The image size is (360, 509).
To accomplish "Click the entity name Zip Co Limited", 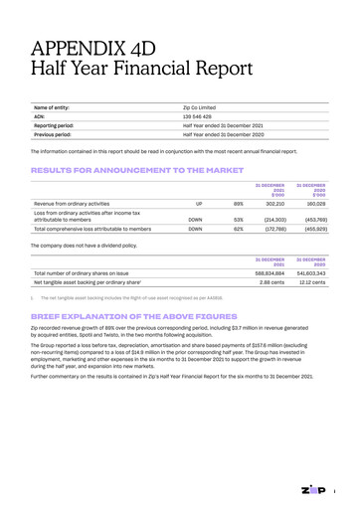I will [206, 107].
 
